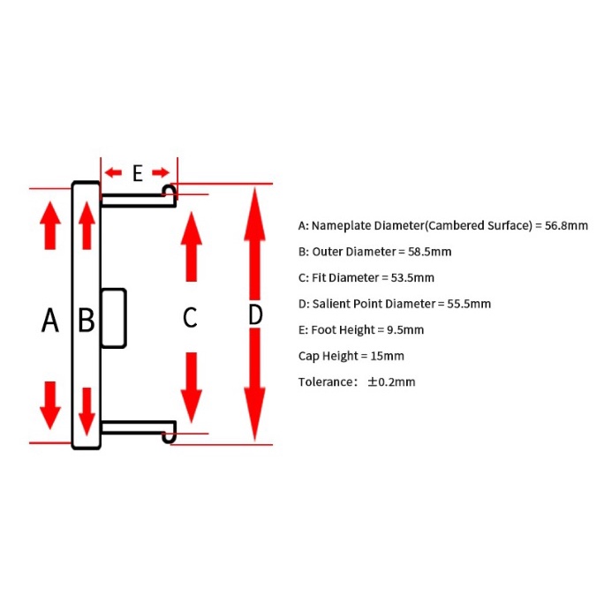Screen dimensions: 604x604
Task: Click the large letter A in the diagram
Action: pos(50,320)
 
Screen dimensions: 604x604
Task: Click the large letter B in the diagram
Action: pos(87,320)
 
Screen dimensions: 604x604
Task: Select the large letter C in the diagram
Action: pos(190,318)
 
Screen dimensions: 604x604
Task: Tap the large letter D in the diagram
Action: pos(255,314)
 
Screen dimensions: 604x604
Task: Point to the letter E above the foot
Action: pos(138,173)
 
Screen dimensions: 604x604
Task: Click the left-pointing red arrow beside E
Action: pos(113,172)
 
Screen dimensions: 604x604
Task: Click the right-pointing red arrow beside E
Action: pos(161,172)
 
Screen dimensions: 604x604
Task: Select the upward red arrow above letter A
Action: pos(50,225)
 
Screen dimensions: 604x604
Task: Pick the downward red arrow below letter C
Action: pos(192,388)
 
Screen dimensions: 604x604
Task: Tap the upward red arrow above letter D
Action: pos(254,244)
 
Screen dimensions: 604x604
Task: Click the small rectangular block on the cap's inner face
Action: pos(114,318)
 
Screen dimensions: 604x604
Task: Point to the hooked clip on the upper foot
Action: pos(170,192)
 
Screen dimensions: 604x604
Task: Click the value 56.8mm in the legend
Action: pos(566,225)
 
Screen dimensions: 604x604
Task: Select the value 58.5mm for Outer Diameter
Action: pos(429,252)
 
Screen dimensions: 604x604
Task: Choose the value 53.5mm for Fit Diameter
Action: pos(412,278)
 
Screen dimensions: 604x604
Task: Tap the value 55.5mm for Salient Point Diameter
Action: pos(469,304)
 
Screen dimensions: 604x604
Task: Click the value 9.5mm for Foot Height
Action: pos(405,329)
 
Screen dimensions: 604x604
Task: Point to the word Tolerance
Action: pos(324,382)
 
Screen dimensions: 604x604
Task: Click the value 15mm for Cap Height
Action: pos(387,356)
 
